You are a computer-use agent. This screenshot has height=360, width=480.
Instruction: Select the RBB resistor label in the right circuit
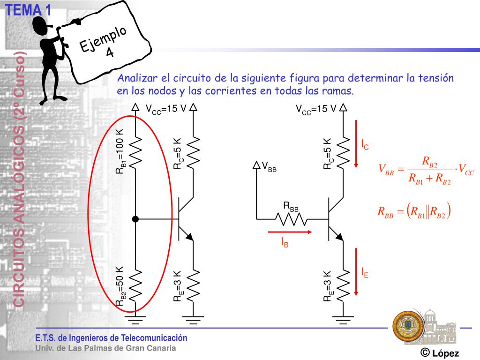[x=291, y=207]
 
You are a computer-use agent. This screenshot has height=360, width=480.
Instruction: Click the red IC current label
[x=365, y=145]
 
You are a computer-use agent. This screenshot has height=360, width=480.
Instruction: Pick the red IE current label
[x=364, y=272]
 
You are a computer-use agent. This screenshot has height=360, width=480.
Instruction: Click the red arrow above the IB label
[x=290, y=232]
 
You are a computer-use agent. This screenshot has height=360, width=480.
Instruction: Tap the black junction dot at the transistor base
[x=135, y=219]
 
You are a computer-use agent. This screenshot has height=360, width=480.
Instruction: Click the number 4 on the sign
[x=110, y=52]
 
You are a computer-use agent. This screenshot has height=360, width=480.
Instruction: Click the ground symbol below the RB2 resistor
[x=135, y=320]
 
